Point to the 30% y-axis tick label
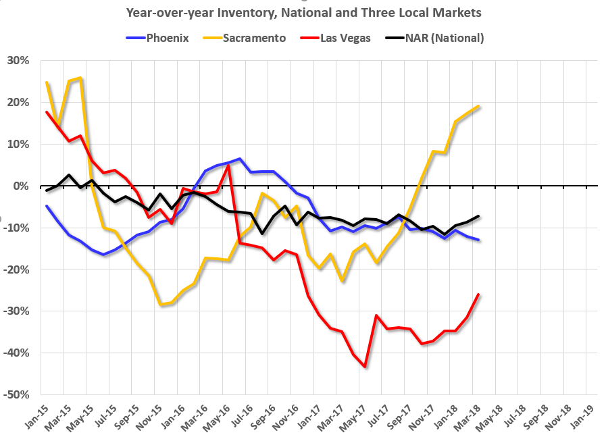point(18,61)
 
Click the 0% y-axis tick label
point(21,186)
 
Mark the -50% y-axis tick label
point(17,394)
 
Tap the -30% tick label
point(17,311)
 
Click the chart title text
point(302,11)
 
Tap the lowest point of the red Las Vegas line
point(365,367)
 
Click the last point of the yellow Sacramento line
point(478,106)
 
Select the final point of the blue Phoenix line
point(478,240)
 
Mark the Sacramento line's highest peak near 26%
point(81,78)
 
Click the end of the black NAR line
point(478,216)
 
